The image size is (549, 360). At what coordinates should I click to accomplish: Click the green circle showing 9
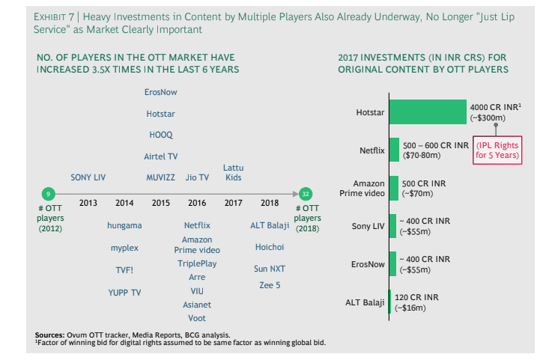click(48, 193)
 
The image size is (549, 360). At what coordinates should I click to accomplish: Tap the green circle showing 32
click(306, 193)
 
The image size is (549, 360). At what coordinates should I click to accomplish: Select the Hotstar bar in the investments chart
click(427, 112)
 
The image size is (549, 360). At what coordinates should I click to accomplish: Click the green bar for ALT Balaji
click(389, 302)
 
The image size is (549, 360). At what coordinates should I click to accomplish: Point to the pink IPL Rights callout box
click(497, 150)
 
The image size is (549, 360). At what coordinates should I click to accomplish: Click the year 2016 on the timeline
click(197, 203)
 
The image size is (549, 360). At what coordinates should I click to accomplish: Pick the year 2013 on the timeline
click(88, 203)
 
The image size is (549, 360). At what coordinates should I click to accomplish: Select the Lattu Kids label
click(233, 173)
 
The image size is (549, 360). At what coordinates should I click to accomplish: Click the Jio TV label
click(197, 177)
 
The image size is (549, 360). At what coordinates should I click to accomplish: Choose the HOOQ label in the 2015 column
click(160, 135)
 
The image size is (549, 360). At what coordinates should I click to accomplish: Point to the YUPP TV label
click(124, 293)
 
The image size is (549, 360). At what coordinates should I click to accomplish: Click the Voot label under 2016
click(197, 318)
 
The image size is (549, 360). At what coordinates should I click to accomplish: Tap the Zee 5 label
click(270, 285)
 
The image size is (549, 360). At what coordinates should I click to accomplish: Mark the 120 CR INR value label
click(416, 297)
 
